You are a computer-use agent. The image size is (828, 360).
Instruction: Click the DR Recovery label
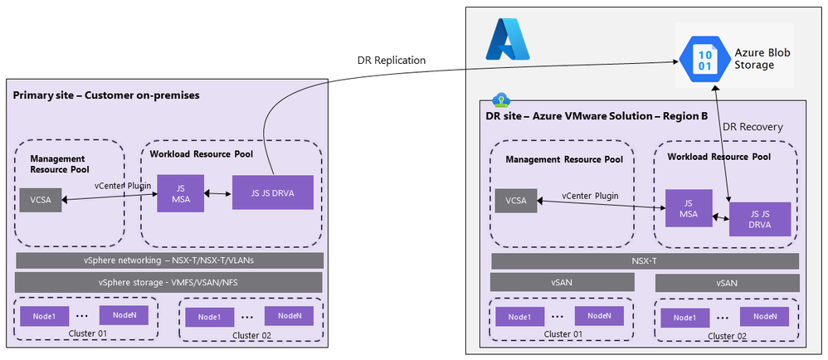tap(753, 126)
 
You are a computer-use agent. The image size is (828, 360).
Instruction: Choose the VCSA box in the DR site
tap(515, 200)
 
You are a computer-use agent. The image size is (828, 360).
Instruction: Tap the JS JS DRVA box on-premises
tap(273, 194)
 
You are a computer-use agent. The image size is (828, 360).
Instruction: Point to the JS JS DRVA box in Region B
tap(759, 220)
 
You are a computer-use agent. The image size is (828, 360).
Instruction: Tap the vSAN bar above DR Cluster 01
tap(561, 283)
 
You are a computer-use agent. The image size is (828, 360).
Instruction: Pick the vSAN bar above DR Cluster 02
tap(726, 283)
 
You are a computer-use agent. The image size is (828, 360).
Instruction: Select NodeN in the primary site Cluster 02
tap(289, 316)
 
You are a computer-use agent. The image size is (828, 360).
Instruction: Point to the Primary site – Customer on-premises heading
tap(106, 95)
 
